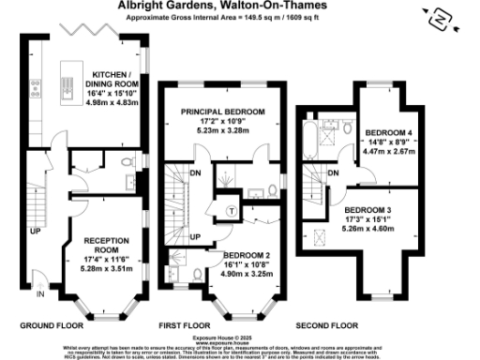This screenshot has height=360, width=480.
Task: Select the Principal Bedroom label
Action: (x=223, y=112)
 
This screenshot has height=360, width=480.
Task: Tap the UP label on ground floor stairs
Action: (x=35, y=230)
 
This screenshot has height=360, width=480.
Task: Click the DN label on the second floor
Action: (x=335, y=172)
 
